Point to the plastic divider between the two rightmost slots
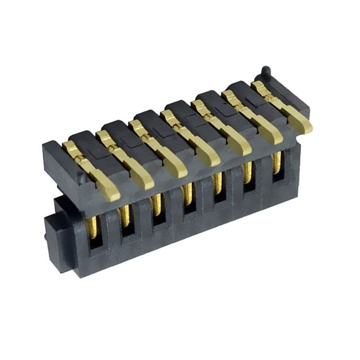coord(263,178)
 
